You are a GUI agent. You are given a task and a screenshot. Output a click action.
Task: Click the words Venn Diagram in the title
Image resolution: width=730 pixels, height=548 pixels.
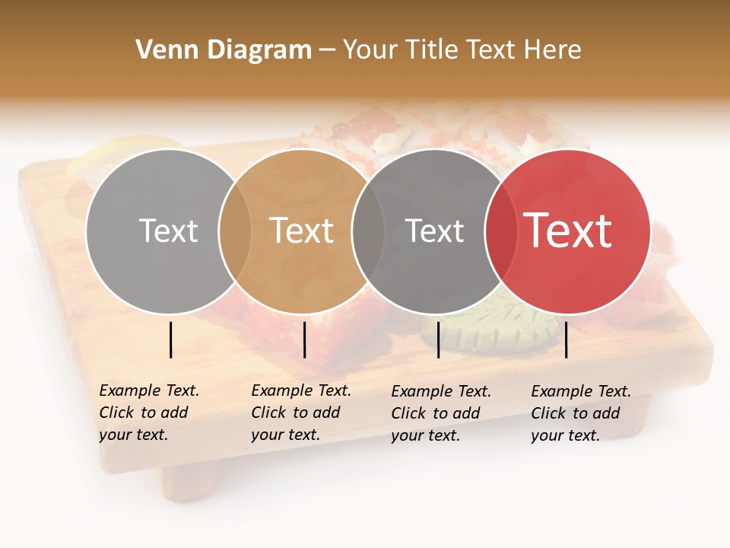point(224,50)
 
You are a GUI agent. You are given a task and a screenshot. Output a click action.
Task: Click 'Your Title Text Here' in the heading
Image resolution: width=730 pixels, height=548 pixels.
point(462,50)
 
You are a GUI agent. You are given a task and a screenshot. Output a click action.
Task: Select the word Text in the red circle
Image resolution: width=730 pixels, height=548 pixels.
point(568,231)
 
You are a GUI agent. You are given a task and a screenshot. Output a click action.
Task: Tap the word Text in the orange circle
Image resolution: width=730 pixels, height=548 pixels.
point(302,231)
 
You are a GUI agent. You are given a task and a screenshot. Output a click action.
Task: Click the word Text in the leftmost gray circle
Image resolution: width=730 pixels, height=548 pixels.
point(168,231)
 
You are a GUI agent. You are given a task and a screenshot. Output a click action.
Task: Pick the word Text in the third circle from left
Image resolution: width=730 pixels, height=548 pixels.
point(434,231)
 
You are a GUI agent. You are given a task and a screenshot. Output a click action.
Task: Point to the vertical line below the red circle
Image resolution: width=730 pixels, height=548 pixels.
point(567,339)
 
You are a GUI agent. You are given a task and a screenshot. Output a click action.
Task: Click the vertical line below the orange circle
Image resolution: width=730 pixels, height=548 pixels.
point(304,339)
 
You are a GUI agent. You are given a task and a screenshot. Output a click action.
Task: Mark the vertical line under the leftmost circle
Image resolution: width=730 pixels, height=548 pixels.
point(171,339)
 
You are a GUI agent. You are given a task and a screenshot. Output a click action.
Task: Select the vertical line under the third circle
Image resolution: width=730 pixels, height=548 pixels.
point(439,339)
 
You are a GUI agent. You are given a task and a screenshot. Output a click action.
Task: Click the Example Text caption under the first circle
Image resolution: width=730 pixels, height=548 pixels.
point(148,413)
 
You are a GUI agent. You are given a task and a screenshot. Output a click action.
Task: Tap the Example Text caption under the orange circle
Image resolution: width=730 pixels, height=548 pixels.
point(300,413)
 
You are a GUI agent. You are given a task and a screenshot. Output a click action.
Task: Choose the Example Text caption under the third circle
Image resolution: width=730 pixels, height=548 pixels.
point(440,413)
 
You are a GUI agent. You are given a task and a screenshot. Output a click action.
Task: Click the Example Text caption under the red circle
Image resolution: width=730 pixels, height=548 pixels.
point(580,413)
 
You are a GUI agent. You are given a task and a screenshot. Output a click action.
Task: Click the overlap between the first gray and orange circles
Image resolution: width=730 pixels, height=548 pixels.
point(235,231)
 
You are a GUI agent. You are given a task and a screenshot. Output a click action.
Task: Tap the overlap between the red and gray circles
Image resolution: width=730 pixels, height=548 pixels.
point(501,231)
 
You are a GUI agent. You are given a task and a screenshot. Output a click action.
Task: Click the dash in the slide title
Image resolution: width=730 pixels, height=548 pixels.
point(327,51)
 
